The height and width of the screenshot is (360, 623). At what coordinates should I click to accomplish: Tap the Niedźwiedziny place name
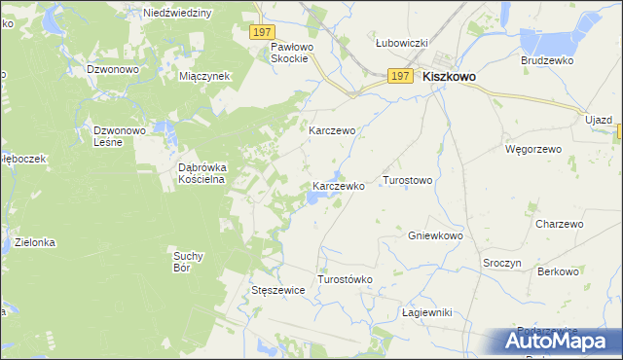176,14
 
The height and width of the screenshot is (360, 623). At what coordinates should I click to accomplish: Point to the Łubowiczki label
403,44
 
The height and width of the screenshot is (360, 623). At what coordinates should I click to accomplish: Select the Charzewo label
559,224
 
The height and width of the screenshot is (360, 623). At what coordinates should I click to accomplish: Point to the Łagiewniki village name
428,312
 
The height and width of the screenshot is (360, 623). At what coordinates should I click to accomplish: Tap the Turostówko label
346,279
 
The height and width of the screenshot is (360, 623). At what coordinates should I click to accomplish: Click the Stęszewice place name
279,291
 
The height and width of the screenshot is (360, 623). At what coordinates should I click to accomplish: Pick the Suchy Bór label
187,261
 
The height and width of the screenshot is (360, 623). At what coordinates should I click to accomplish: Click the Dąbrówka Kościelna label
202,173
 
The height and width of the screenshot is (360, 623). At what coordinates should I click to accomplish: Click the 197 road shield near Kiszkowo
399,76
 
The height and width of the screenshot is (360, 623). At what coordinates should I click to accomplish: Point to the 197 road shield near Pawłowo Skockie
260,32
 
